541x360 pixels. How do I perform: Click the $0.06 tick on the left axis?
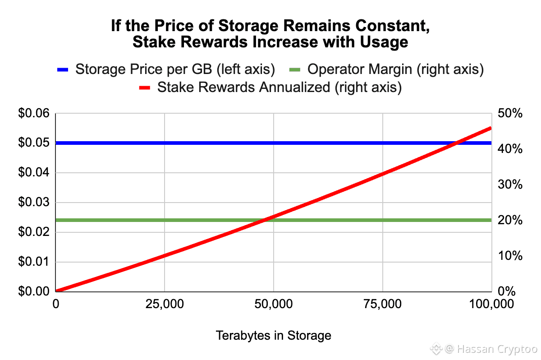coord(33,113)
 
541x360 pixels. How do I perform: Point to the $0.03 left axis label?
coord(33,202)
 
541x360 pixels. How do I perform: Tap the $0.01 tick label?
coord(33,262)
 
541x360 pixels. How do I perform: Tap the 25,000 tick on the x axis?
coord(165,304)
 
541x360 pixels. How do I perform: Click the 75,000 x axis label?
coord(382,304)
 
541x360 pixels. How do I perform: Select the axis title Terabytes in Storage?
coord(273,336)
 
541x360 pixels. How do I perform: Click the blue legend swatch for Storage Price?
coord(62,69)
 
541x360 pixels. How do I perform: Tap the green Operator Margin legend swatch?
coord(294,69)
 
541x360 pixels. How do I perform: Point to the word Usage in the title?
coord(387,42)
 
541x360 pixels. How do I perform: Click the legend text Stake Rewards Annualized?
coord(244,87)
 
